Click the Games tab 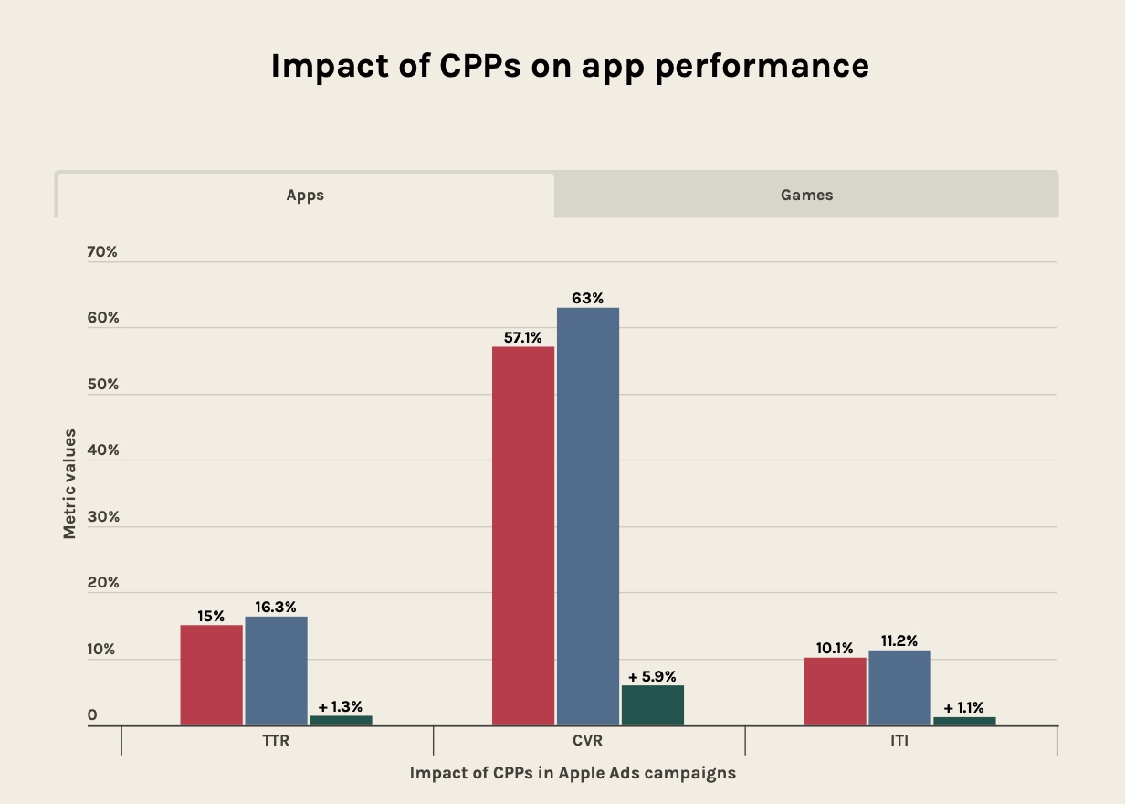click(x=806, y=195)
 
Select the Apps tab click(x=305, y=195)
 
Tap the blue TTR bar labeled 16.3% click(x=276, y=671)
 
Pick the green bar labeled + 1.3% click(x=341, y=720)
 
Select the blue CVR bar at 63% click(x=588, y=516)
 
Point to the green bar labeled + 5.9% click(x=652, y=705)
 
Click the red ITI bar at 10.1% click(x=835, y=691)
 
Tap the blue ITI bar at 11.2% click(x=899, y=687)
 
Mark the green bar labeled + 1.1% click(x=964, y=721)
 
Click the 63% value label click(x=588, y=298)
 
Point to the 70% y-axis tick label click(x=102, y=251)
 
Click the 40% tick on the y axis click(x=102, y=450)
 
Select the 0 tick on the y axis click(x=92, y=715)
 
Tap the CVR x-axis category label click(x=589, y=741)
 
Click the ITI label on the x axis click(x=900, y=741)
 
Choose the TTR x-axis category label click(x=276, y=741)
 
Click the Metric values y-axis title click(x=69, y=483)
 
